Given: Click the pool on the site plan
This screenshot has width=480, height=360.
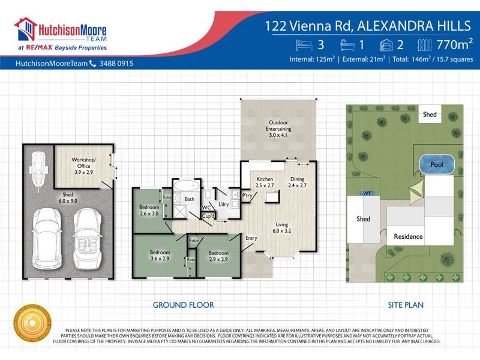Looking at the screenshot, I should (436, 164).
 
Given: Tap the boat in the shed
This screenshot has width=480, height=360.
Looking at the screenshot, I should (39, 169).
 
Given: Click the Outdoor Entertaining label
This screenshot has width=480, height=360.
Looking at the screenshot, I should (278, 129).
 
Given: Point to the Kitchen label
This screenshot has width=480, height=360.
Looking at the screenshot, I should (265, 183).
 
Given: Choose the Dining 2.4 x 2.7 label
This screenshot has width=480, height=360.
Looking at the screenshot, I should (298, 182).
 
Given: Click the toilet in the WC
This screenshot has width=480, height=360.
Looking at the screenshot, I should (207, 193).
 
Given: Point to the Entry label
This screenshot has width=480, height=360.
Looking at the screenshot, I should (251, 238).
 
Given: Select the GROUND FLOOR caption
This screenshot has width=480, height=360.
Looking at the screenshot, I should (183, 305).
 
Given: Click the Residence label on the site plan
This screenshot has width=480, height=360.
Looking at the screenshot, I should (408, 236).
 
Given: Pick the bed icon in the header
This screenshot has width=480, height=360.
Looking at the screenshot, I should (304, 45).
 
